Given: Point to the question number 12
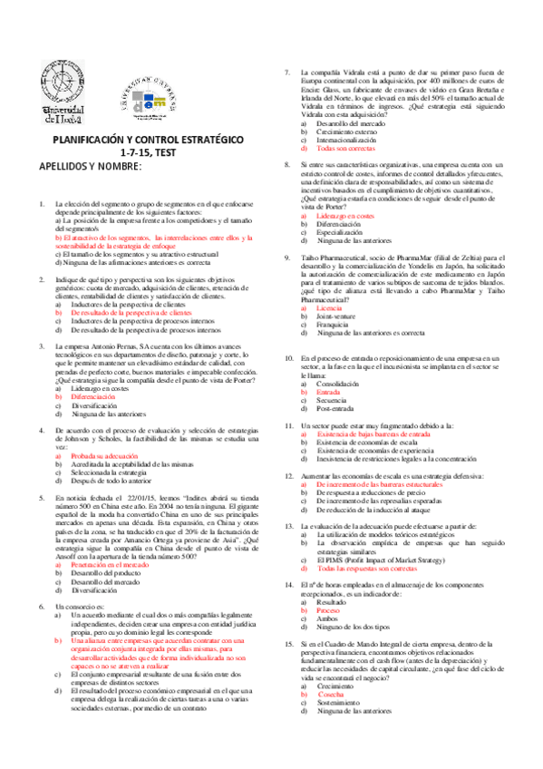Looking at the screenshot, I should [286, 476].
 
